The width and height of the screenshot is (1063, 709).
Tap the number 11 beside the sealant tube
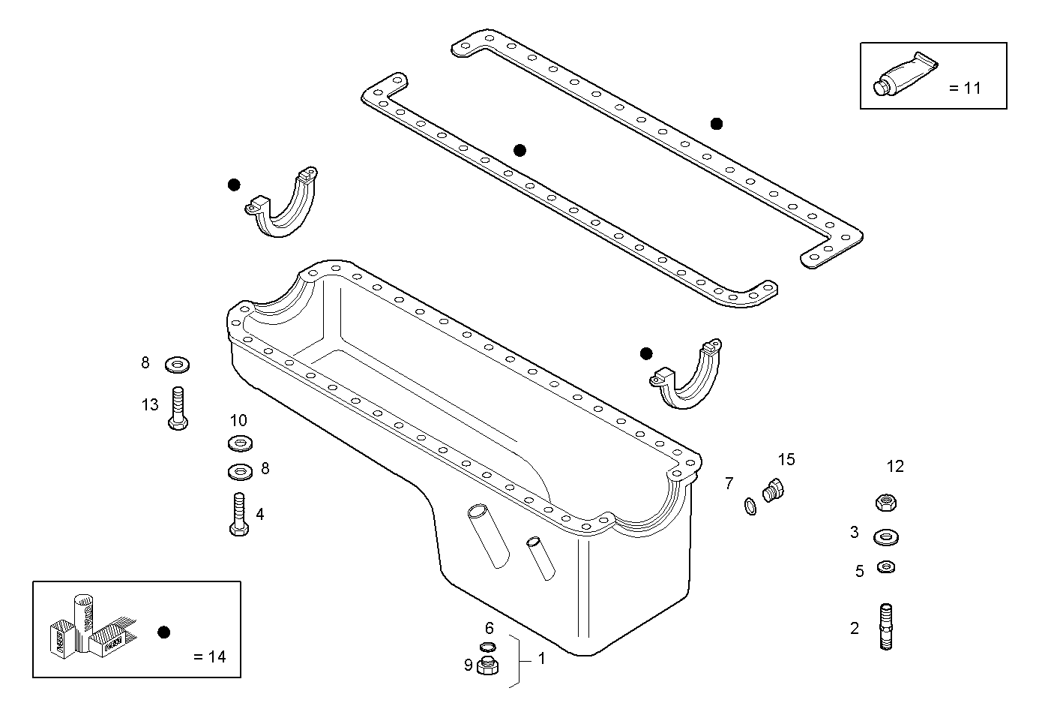(972, 88)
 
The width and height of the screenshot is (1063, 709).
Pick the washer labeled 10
(239, 443)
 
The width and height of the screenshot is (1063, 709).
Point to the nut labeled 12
(885, 502)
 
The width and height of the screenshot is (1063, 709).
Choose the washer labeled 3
(886, 537)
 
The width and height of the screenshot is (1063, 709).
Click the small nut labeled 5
(885, 566)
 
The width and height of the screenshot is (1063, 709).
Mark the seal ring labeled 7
(750, 508)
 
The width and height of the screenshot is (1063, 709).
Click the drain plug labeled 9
(487, 666)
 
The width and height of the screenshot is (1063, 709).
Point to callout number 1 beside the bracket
(542, 659)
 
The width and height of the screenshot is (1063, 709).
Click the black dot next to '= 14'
(164, 632)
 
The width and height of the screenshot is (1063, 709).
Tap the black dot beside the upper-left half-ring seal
(234, 185)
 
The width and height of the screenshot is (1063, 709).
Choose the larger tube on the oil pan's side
(488, 536)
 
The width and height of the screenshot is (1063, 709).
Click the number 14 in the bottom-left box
(217, 657)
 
